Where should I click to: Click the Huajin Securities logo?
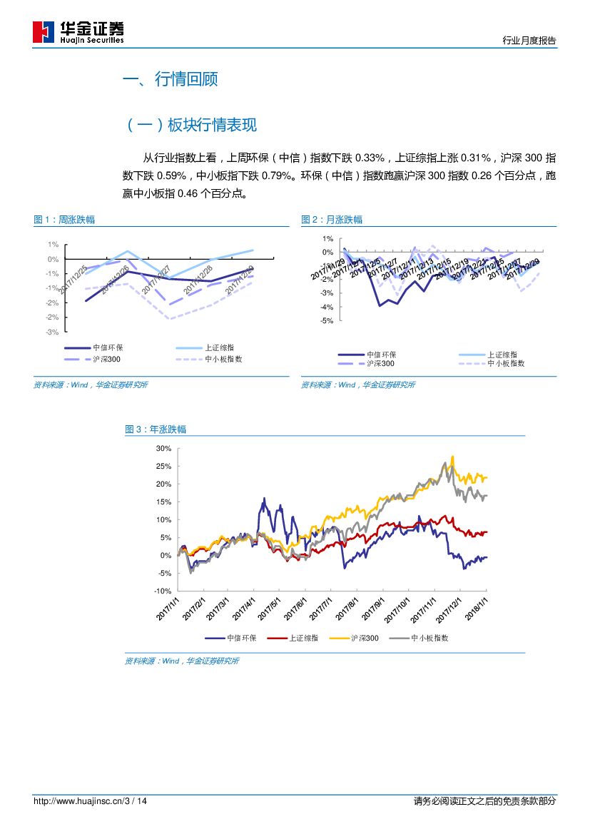point(78,32)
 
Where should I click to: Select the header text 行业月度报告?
point(529,41)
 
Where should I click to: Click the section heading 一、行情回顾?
point(171,79)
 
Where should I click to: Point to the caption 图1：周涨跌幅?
point(64,220)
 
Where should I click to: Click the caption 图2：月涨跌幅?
point(332,220)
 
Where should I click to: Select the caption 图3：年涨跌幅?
point(156,429)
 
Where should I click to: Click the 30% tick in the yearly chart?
point(163,449)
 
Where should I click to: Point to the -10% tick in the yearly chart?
point(163,591)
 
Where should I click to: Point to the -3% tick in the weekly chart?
point(53,332)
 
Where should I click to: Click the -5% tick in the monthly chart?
point(327,321)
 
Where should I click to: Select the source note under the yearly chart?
point(182,661)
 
